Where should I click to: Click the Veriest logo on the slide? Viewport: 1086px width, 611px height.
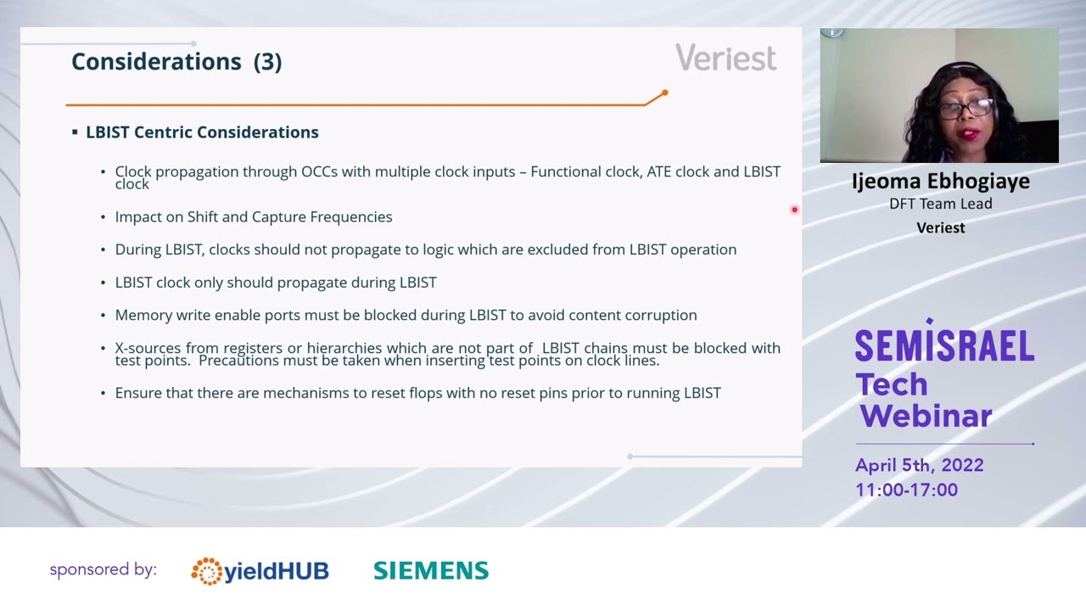pyautogui.click(x=725, y=58)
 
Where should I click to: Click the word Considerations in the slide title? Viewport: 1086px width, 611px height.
pyautogui.click(x=156, y=61)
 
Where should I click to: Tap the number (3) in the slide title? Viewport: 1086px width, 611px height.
pyautogui.click(x=267, y=61)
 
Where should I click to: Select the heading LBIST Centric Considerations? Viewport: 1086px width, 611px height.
pyautogui.click(x=202, y=132)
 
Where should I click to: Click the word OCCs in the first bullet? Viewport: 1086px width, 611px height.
pyautogui.click(x=319, y=171)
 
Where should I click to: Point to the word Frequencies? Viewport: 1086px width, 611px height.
pyautogui.click(x=350, y=216)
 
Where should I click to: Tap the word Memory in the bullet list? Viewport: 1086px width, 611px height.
pyautogui.click(x=143, y=315)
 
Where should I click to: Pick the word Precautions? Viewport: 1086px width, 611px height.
pyautogui.click(x=241, y=361)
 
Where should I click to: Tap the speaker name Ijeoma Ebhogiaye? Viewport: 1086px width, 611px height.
pyautogui.click(x=940, y=182)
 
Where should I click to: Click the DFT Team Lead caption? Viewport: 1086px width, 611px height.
pyautogui.click(x=940, y=204)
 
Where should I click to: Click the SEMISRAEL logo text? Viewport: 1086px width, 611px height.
pyautogui.click(x=943, y=345)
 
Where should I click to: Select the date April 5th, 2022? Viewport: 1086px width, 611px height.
pyautogui.click(x=919, y=465)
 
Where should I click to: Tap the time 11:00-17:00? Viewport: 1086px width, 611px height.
pyautogui.click(x=906, y=490)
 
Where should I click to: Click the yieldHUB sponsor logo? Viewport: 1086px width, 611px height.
pyautogui.click(x=260, y=571)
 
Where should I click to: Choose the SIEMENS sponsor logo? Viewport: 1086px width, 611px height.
pyautogui.click(x=431, y=570)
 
